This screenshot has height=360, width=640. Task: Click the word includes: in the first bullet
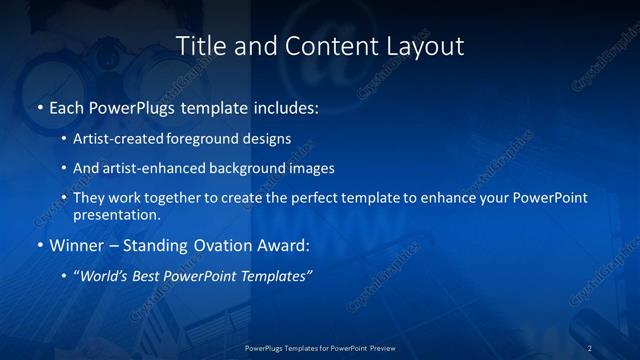point(283,105)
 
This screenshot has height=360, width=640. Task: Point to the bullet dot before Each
point(39,105)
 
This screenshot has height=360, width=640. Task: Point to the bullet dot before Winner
point(39,245)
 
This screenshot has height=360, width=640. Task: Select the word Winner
point(76,245)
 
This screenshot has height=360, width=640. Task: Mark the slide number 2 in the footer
point(589,348)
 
